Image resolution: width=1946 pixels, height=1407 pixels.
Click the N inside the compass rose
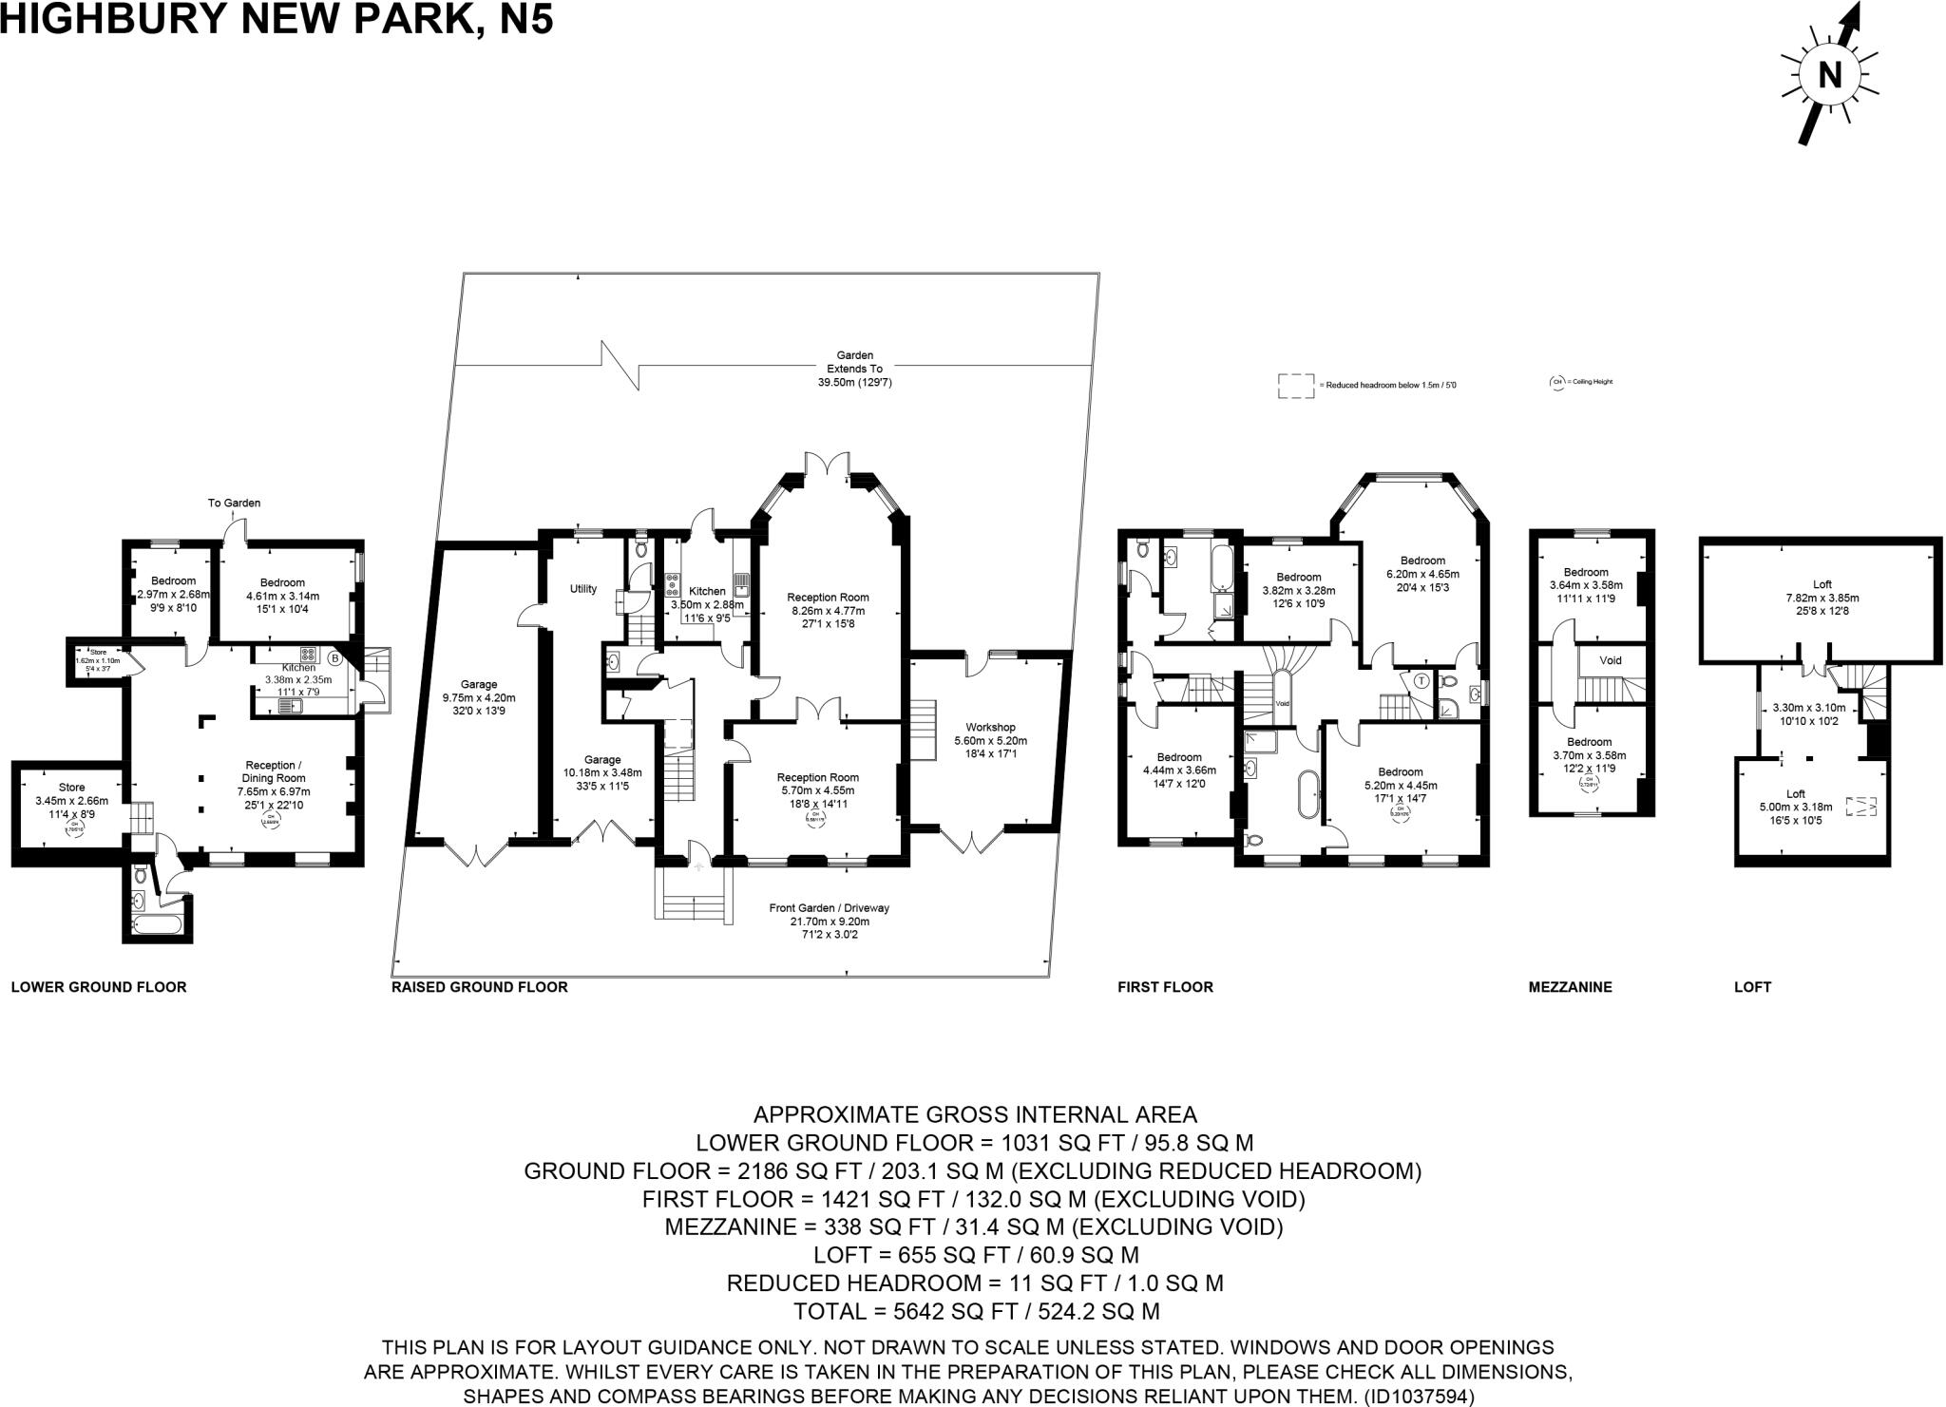click(1829, 75)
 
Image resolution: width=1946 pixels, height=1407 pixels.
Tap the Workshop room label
click(990, 728)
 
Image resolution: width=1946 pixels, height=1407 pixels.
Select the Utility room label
click(583, 589)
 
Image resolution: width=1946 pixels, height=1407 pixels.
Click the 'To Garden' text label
click(234, 503)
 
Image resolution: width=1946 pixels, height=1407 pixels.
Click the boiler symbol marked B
click(334, 658)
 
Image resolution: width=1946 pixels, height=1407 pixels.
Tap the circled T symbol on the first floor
click(1421, 681)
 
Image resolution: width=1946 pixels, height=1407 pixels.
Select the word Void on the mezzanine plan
click(1610, 660)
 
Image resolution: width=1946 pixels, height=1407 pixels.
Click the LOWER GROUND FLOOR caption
click(99, 987)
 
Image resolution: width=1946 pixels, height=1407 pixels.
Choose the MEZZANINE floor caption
click(1570, 987)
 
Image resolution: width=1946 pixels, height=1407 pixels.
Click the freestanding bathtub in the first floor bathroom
click(1309, 794)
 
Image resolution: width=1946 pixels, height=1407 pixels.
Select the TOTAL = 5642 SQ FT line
click(976, 1311)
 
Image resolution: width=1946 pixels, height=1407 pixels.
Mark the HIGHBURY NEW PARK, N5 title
click(277, 19)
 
